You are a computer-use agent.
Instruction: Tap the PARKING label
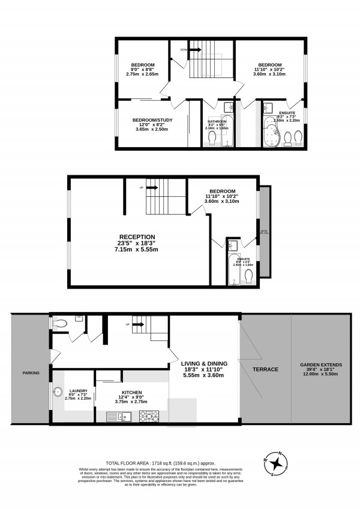tap(31, 373)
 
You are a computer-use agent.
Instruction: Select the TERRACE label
tap(265, 369)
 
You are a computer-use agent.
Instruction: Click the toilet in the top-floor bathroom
tap(212, 138)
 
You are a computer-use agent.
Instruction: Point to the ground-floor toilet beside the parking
tap(59, 323)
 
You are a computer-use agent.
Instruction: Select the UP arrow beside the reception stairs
tap(150, 188)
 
